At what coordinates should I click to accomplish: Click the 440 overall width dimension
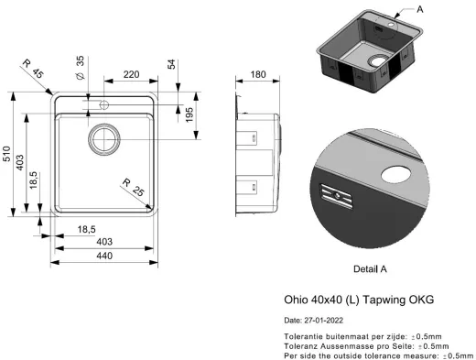tap(105, 256)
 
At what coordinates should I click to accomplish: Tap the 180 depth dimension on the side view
tap(258, 75)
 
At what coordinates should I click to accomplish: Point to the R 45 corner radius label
tap(33, 71)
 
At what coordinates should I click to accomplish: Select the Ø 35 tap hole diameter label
tap(81, 66)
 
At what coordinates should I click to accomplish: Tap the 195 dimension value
tap(189, 115)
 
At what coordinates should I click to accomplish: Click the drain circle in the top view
tap(103, 139)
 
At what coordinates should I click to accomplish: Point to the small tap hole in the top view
tap(103, 102)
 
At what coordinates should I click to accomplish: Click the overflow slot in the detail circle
tap(335, 195)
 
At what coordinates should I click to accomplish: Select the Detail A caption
tap(370, 269)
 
